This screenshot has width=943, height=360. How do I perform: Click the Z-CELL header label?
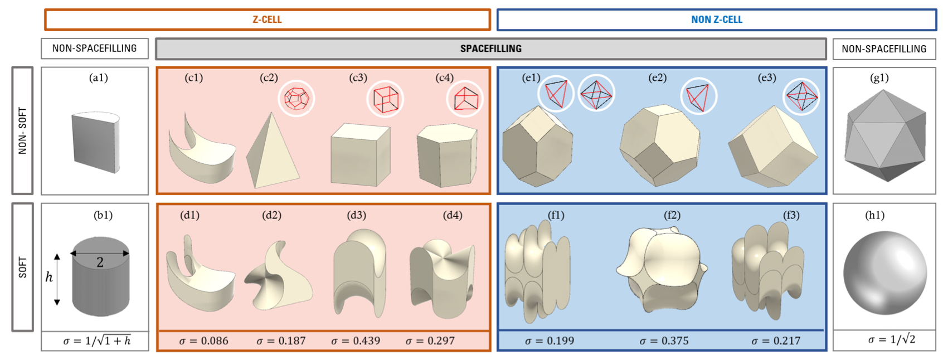pyautogui.click(x=267, y=20)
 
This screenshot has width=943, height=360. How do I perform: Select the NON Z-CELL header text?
pyautogui.click(x=716, y=20)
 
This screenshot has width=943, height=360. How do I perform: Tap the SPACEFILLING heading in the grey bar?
pyautogui.click(x=490, y=48)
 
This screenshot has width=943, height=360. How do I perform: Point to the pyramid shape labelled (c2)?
pyautogui.click(x=273, y=153)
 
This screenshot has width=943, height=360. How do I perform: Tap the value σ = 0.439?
pyautogui.click(x=356, y=340)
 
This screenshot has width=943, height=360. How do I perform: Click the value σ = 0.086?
pyautogui.click(x=203, y=340)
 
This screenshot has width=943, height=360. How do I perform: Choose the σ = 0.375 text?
pyautogui.click(x=664, y=340)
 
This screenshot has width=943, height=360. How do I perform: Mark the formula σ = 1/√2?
pyautogui.click(x=891, y=339)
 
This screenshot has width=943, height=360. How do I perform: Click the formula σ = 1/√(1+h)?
pyautogui.click(x=97, y=340)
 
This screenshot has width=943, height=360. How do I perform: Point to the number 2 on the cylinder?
pyautogui.click(x=100, y=262)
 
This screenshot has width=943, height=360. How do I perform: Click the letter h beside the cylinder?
pyautogui.click(x=49, y=277)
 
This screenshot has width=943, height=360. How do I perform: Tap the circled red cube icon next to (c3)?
pyautogui.click(x=385, y=99)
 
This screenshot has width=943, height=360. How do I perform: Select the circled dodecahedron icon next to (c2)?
pyautogui.click(x=296, y=99)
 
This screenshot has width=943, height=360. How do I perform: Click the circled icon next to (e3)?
pyautogui.click(x=801, y=96)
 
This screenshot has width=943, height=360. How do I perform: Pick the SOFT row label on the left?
pyautogui.click(x=23, y=267)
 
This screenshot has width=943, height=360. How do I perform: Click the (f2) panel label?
pyautogui.click(x=672, y=215)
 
